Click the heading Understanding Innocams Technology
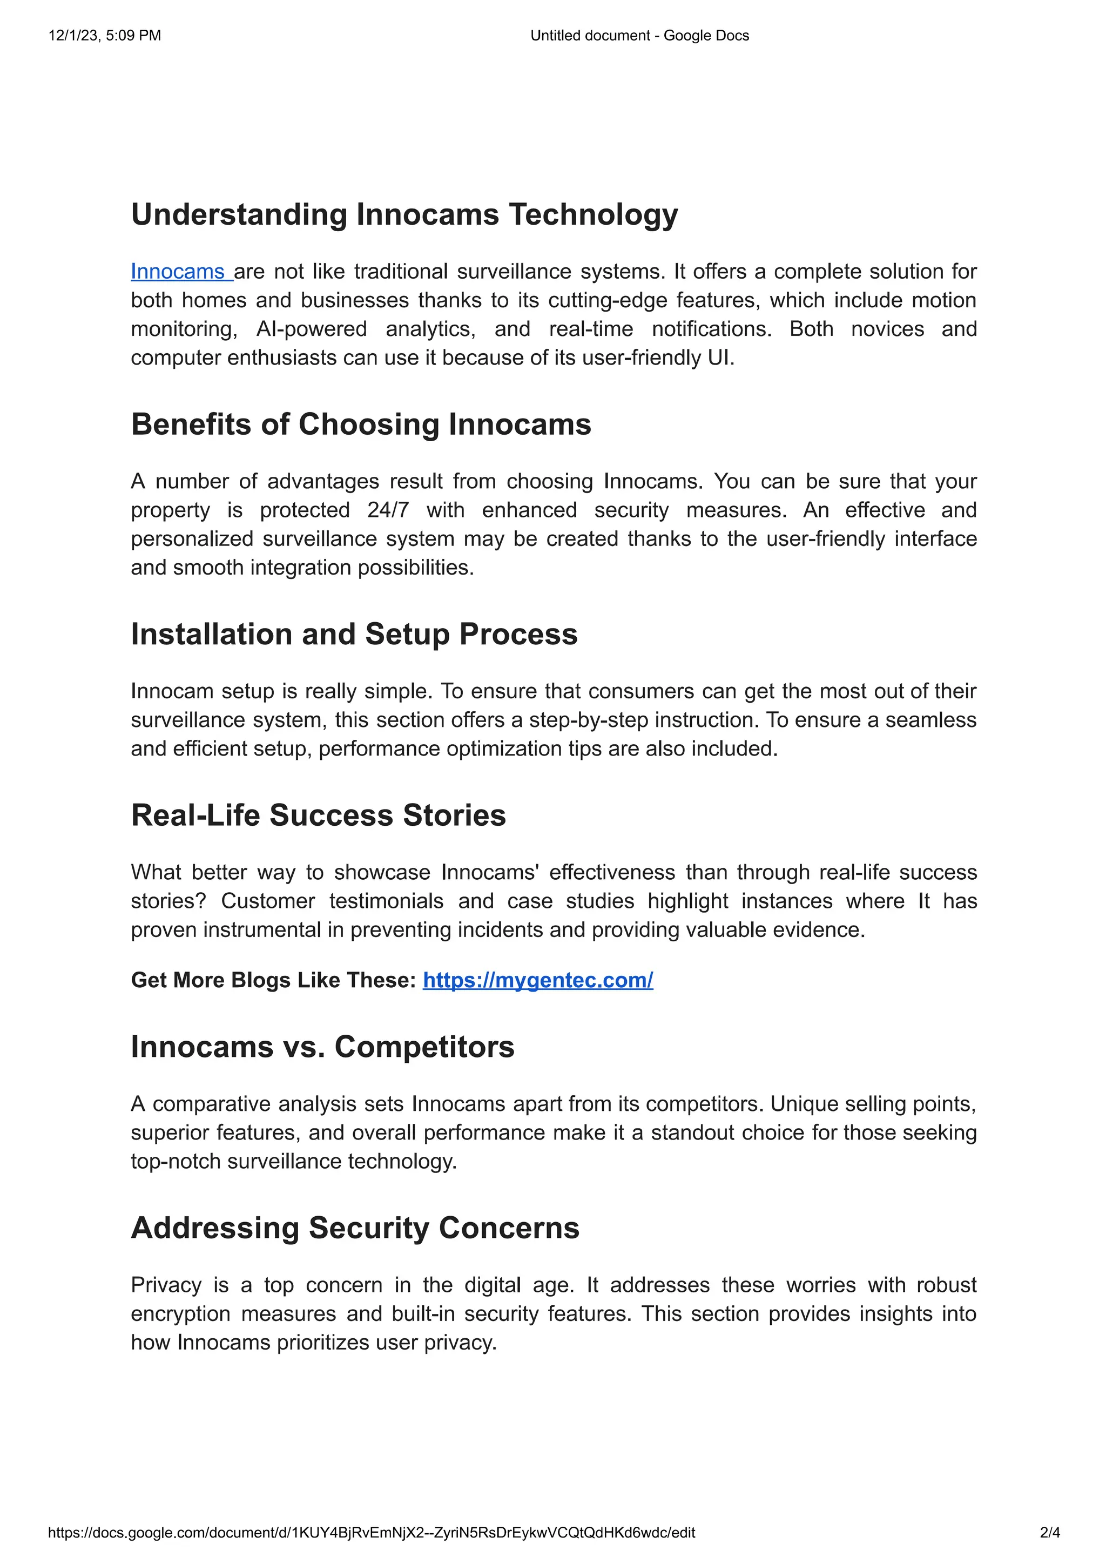(404, 214)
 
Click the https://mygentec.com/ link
(537, 980)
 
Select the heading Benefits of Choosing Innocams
(361, 424)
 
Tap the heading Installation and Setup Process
(354, 634)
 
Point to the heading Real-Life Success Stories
(318, 815)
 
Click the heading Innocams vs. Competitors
(322, 1047)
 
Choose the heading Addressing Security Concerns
(355, 1228)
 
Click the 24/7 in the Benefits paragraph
(388, 510)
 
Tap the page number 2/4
(1049, 1533)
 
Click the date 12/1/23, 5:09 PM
(105, 36)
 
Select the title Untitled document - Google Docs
(639, 36)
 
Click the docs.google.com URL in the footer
(372, 1533)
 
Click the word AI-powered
(311, 329)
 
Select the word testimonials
(386, 901)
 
